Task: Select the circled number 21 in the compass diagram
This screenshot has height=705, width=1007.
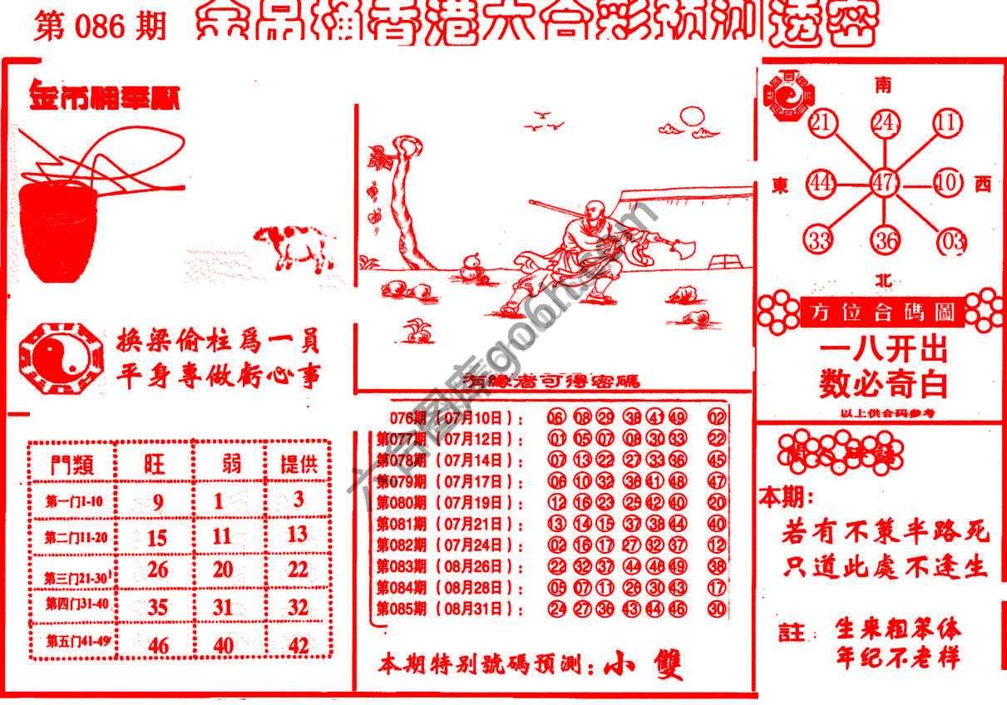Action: coord(822,123)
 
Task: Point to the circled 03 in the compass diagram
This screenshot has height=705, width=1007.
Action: coord(950,242)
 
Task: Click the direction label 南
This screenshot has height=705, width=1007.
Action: coord(884,85)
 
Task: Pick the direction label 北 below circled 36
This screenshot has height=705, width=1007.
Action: coord(884,280)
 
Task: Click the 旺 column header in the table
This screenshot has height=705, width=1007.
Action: coord(155,464)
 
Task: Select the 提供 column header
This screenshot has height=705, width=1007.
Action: coord(298,464)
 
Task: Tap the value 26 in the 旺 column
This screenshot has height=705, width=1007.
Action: coord(157,569)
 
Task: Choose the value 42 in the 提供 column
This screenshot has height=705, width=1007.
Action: coord(297,645)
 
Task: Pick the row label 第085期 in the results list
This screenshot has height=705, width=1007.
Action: coord(402,609)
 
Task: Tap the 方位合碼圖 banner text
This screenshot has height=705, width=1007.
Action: coord(884,313)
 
